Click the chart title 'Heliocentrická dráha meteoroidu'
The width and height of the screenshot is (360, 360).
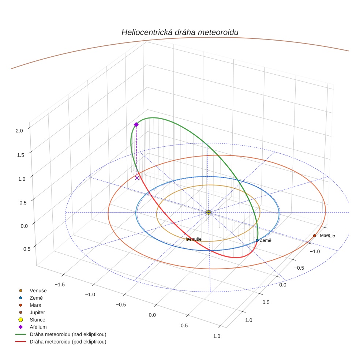(x=180, y=32)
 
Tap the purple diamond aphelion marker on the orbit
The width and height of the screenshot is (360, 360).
(x=136, y=125)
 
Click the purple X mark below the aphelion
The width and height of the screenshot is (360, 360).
(x=137, y=178)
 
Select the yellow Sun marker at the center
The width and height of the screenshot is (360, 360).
(x=208, y=213)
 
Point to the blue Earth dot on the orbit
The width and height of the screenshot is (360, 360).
(x=257, y=240)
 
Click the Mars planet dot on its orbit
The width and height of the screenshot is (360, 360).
(x=315, y=236)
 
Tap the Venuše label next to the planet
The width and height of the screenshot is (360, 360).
(x=194, y=239)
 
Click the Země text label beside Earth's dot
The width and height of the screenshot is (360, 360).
(x=265, y=240)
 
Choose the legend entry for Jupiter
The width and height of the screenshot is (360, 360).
(x=37, y=312)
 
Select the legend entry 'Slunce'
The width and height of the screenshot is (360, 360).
(x=37, y=320)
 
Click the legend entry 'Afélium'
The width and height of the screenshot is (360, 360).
(x=38, y=327)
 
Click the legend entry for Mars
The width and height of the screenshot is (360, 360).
(x=35, y=305)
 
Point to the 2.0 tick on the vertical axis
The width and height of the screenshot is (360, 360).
(x=19, y=130)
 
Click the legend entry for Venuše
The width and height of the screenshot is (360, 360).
(x=38, y=290)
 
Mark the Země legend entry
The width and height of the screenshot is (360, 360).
(x=36, y=298)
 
